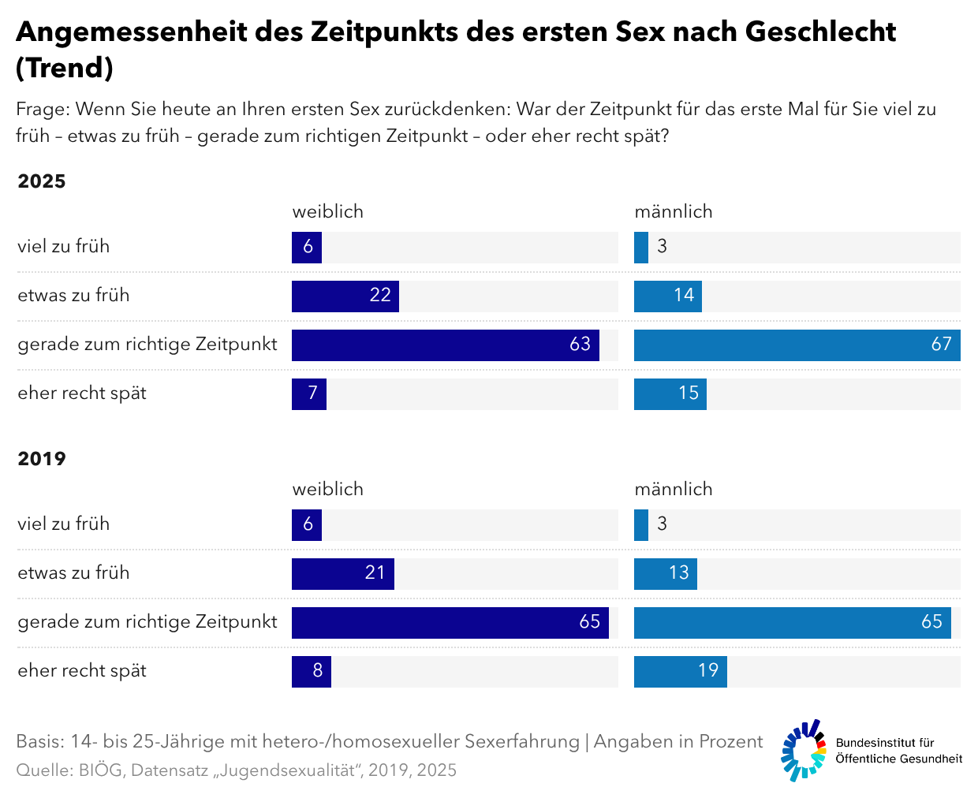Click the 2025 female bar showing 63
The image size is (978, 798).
pyautogui.click(x=445, y=345)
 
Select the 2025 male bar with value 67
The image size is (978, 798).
pyautogui.click(x=797, y=345)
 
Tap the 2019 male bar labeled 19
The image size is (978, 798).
pyautogui.click(x=680, y=672)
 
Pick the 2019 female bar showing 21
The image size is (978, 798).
pyautogui.click(x=342, y=574)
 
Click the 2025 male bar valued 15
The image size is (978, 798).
pyautogui.click(x=670, y=394)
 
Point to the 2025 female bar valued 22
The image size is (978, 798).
pyautogui.click(x=345, y=296)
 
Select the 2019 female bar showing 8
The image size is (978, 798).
pyautogui.click(x=311, y=672)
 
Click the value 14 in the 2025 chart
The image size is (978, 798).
pyautogui.click(x=684, y=296)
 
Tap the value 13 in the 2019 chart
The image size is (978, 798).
pyautogui.click(x=679, y=573)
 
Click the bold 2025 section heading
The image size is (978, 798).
pyautogui.click(x=42, y=181)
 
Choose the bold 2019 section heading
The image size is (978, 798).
pyautogui.click(x=42, y=459)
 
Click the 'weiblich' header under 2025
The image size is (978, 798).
pyautogui.click(x=327, y=211)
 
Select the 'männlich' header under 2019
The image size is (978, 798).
pyautogui.click(x=674, y=489)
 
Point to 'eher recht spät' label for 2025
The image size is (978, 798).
pyautogui.click(x=82, y=393)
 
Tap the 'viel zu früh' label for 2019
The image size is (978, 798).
pyautogui.click(x=63, y=524)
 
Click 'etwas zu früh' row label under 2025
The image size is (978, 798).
pyautogui.click(x=73, y=296)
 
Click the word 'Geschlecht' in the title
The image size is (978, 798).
pyautogui.click(x=820, y=32)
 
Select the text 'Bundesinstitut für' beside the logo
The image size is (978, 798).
pyautogui.click(x=885, y=743)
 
